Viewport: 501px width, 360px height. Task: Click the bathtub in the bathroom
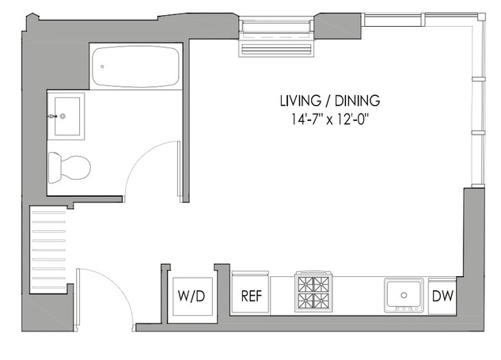tap(135, 66)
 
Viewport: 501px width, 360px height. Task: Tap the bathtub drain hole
tap(102, 66)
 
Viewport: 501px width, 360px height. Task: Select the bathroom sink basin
tap(67, 116)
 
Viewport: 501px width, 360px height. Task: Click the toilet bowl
tap(75, 168)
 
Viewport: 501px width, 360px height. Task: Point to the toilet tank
tap(55, 168)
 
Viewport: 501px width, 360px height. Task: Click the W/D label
tap(192, 296)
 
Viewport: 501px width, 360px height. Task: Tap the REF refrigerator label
tap(252, 296)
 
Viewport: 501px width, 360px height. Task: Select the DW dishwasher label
tap(442, 296)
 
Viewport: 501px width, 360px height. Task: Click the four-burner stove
tap(313, 292)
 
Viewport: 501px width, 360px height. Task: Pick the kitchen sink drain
tap(404, 295)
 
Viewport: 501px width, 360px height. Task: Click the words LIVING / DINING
tap(330, 100)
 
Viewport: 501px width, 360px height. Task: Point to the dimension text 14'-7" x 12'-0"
tap(330, 119)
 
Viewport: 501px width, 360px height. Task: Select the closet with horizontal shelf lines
tap(48, 249)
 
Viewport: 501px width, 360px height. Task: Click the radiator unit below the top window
tap(276, 50)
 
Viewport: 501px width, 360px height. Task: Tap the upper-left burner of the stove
tap(306, 284)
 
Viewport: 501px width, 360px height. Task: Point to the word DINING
tap(357, 100)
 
